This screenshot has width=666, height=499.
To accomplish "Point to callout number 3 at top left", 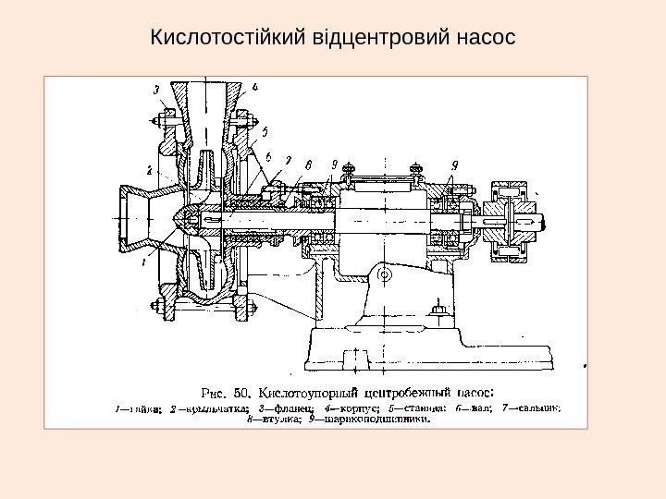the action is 157,90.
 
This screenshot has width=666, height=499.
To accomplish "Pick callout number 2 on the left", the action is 148,169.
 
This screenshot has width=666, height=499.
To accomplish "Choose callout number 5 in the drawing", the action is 265,131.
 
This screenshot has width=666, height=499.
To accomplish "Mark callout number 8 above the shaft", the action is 308,165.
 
